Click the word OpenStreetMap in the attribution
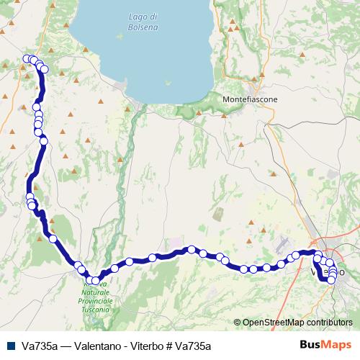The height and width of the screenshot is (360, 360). (x=274, y=323)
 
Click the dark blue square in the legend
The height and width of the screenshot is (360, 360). (x=10, y=346)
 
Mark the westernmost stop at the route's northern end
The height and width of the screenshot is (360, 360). (x=27, y=59)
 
